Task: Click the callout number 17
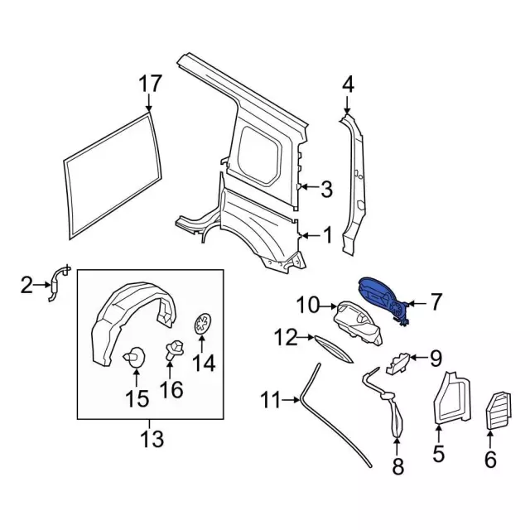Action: [x=150, y=84]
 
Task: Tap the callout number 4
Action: [x=348, y=84]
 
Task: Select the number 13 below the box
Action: [x=151, y=436]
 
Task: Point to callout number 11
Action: [x=270, y=401]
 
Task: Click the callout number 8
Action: [x=397, y=468]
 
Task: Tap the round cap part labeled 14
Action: [x=202, y=325]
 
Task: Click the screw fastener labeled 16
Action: [x=175, y=349]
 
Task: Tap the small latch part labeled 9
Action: [x=399, y=361]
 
